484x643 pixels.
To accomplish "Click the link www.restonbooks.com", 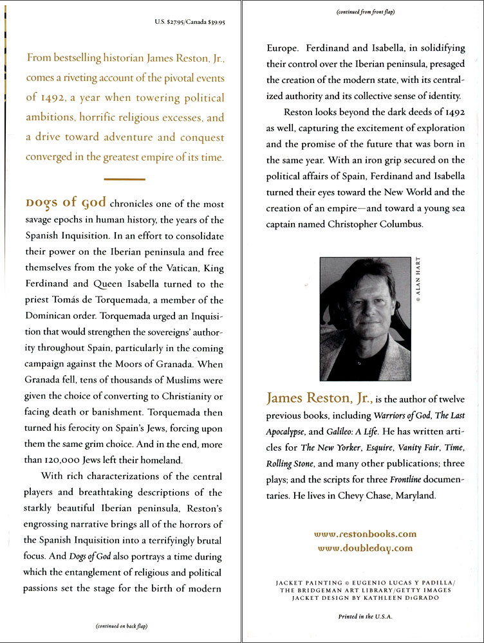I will [x=365, y=534].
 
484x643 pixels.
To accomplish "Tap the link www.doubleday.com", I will [x=365, y=548].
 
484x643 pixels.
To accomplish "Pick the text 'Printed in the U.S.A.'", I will [x=365, y=616].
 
